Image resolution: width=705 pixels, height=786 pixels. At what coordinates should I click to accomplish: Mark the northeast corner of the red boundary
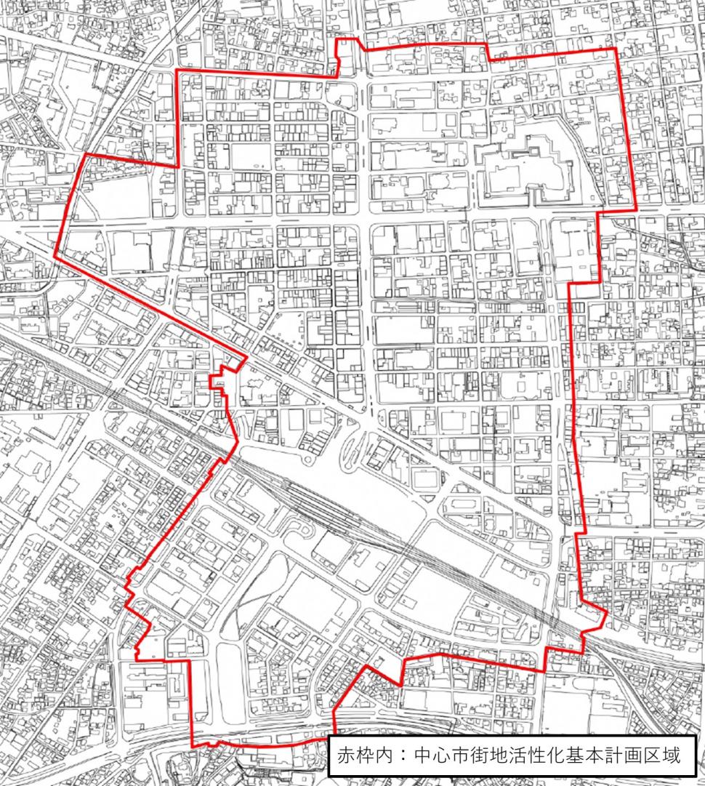pos(616,49)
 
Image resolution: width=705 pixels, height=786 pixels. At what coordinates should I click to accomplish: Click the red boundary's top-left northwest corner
pos(180,70)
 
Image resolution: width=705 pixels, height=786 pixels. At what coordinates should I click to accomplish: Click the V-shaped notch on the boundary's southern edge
pos(400,683)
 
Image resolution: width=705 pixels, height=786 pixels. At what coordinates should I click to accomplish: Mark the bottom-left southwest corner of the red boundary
pos(193,746)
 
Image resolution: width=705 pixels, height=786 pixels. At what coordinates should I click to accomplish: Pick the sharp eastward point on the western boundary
pos(244,357)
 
